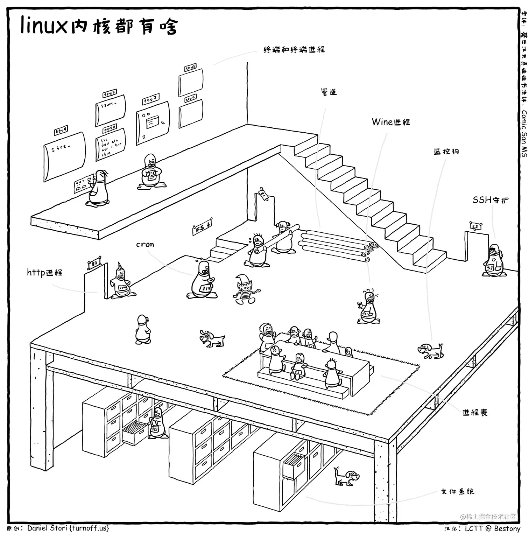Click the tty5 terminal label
point(190,68)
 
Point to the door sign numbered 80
point(94,263)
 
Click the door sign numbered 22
point(475,226)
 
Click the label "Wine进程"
point(391,122)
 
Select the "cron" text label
point(145,245)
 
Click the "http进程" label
point(45,272)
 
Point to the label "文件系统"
point(458,491)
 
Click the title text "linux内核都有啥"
point(99,26)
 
